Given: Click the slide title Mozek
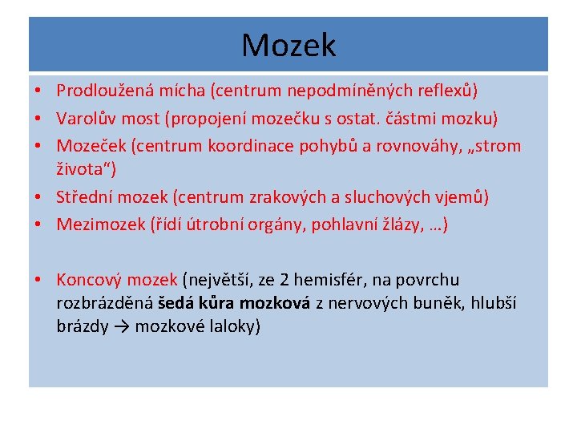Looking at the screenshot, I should (288, 45).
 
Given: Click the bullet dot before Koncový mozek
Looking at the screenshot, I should (38, 280).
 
